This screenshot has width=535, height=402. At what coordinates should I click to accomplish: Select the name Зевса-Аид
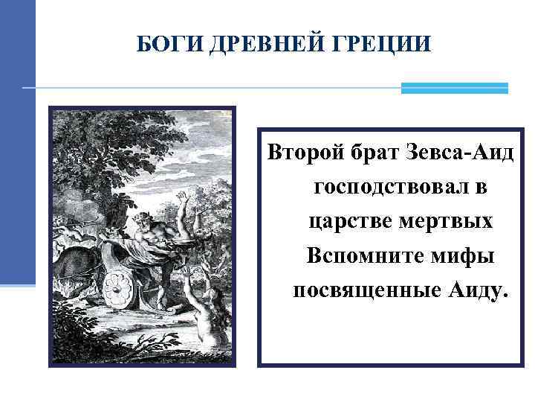coord(461,154)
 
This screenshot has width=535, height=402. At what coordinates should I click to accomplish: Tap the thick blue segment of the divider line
coord(454,88)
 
